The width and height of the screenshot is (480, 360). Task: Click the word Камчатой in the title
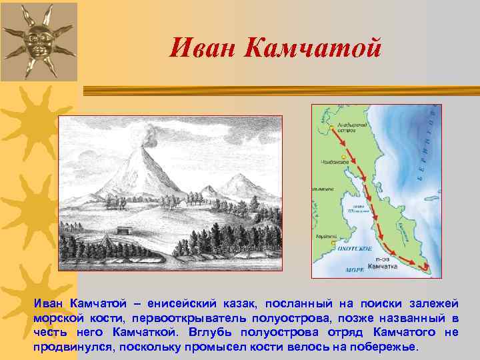[x=313, y=47]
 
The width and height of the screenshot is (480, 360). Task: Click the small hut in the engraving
[x=124, y=229]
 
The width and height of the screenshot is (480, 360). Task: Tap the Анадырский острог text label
[x=349, y=126]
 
